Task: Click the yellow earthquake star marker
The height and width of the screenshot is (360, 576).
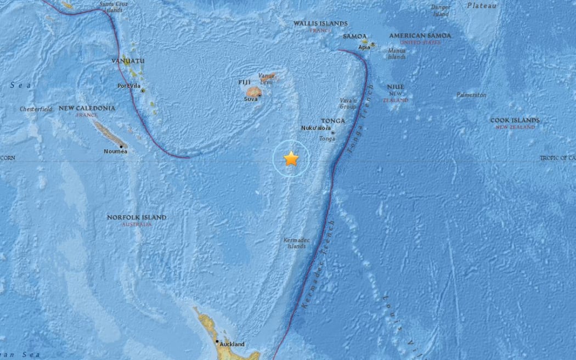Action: pyautogui.click(x=291, y=159)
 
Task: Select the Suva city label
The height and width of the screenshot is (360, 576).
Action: pyautogui.click(x=251, y=99)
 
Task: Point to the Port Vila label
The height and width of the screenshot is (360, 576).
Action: pyautogui.click(x=128, y=86)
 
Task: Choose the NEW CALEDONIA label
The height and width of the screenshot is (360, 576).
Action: pyautogui.click(x=87, y=108)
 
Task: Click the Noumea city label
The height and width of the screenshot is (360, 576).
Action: pyautogui.click(x=115, y=151)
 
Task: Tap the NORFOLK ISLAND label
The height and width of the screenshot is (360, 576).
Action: pyautogui.click(x=137, y=217)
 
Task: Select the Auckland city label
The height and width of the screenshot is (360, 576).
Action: pyautogui.click(x=231, y=345)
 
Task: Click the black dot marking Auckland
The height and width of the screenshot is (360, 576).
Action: pyautogui.click(x=218, y=342)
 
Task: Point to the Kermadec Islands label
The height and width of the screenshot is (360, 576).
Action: pyautogui.click(x=295, y=243)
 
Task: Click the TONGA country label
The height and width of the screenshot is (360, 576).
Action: pyautogui.click(x=333, y=121)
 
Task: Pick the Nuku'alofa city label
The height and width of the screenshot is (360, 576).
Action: pyautogui.click(x=316, y=128)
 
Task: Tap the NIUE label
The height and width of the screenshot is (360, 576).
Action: pyautogui.click(x=395, y=87)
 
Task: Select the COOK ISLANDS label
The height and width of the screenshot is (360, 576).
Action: pyautogui.click(x=515, y=120)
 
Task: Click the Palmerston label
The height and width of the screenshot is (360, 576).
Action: pyautogui.click(x=471, y=95)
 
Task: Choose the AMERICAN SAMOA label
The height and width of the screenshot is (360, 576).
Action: pyautogui.click(x=420, y=36)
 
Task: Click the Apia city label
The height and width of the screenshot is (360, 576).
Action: pyautogui.click(x=364, y=47)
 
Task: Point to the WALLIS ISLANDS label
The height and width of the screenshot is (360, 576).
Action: pyautogui.click(x=320, y=24)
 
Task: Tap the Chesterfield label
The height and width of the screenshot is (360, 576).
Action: pyautogui.click(x=36, y=109)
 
